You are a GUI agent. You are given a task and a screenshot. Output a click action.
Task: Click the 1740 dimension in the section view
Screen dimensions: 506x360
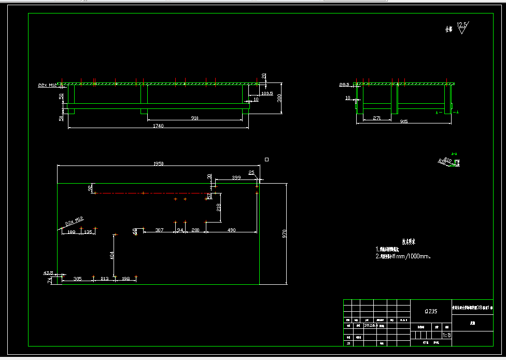tap(158, 126)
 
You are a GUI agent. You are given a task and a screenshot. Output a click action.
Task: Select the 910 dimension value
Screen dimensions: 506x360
tap(194, 118)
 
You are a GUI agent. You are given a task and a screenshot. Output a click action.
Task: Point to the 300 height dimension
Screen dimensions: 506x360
tap(279, 98)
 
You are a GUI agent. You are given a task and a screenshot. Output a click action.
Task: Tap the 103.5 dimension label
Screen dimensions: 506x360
tap(267, 93)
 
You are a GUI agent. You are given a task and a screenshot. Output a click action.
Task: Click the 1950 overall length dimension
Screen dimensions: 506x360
tap(159, 163)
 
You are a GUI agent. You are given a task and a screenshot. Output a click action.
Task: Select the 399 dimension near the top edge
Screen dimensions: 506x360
tap(236, 178)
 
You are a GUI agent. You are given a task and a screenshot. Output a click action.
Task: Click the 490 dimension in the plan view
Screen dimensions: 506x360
tap(231, 230)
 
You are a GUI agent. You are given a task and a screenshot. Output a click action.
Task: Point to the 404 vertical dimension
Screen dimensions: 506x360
tap(111, 255)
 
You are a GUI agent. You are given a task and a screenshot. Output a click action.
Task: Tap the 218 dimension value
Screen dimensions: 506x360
tap(219, 207)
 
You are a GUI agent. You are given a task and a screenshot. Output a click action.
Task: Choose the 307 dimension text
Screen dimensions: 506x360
tap(159, 230)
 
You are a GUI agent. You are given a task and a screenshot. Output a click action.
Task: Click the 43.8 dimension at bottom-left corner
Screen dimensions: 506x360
tap(48, 272)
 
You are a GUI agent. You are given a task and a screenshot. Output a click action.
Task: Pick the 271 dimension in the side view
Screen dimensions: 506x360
tap(377, 118)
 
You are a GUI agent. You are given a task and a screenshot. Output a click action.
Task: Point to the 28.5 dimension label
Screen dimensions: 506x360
tap(344, 84)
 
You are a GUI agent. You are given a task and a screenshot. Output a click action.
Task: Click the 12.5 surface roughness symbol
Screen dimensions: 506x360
tap(461, 26)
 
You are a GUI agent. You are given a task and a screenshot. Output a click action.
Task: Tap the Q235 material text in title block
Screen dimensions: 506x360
tap(431, 311)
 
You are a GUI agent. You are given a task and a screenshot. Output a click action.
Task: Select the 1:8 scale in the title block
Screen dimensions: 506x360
tap(446, 335)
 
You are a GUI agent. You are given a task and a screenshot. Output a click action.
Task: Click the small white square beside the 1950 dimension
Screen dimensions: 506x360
tap(266, 159)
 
